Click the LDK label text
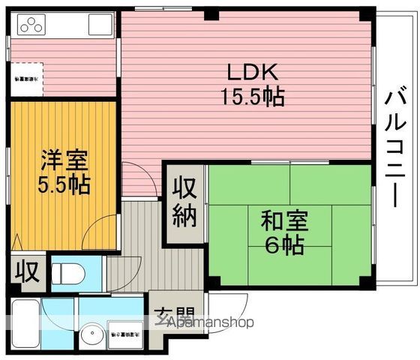tap(253, 73)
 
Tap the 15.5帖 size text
tap(253, 97)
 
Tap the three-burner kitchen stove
tap(31, 26)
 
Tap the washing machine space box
tap(128, 331)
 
